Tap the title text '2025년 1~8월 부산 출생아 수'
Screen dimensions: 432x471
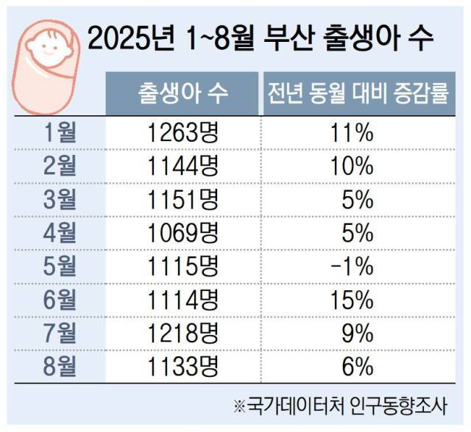point(260,37)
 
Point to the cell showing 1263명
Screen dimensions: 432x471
point(183,133)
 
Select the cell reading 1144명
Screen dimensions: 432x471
point(183,166)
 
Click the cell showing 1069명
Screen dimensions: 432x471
point(183,233)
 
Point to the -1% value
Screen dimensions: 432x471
point(357,266)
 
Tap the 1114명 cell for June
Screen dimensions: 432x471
point(183,300)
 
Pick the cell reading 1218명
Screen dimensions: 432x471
point(183,333)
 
